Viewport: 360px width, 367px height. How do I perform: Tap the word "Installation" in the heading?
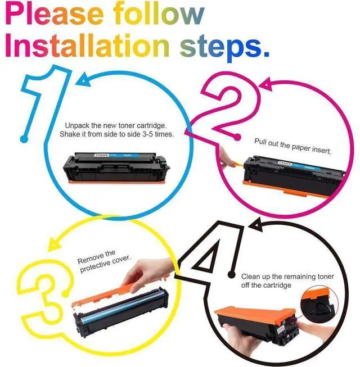87,45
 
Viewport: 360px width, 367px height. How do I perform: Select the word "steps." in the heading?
224,48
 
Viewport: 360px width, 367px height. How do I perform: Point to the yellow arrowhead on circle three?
53,244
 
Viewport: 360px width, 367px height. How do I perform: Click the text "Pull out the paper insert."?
292,146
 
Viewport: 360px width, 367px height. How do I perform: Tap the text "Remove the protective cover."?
103,261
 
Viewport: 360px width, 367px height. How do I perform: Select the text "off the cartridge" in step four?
266,286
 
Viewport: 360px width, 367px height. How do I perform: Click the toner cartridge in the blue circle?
116,168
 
